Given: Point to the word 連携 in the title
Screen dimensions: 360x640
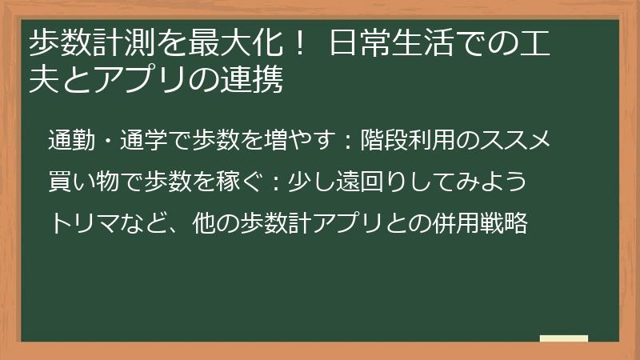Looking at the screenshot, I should (256, 81).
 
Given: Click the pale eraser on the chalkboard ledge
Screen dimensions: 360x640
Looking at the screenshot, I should (564, 338).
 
